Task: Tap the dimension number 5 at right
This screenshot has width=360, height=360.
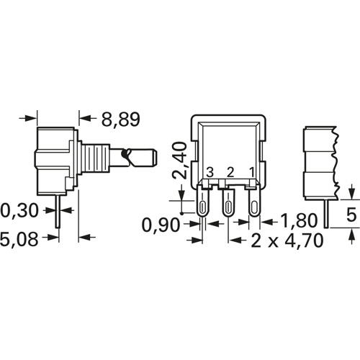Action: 351,214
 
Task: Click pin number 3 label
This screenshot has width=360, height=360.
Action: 210,171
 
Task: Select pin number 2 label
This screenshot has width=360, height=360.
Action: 230,171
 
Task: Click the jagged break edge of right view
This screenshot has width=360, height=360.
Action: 334,155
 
